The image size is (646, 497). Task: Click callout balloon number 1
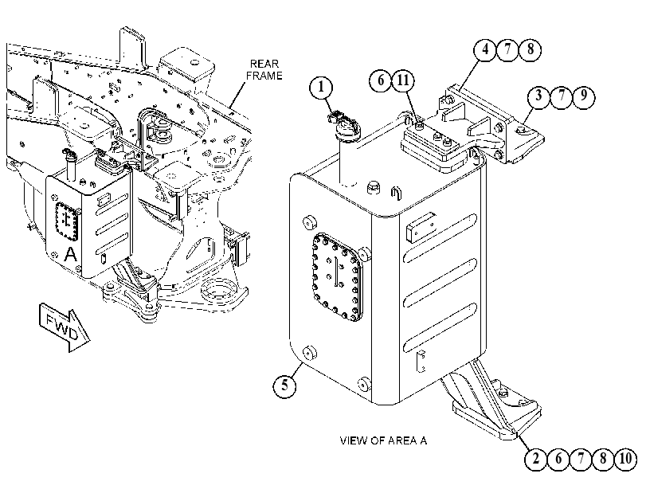pos(321,88)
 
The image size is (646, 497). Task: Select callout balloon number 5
pos(284,385)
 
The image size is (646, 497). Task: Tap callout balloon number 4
pos(485,49)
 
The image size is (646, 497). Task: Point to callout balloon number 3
pos(539,96)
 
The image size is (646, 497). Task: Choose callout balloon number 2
pos(536,458)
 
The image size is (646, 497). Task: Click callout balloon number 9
pos(583,96)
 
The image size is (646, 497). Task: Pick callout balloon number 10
pos(625,458)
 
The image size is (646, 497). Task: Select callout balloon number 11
pos(403,80)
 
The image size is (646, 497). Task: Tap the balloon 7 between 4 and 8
pos(507,49)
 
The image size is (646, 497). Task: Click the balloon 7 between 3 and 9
pos(561,96)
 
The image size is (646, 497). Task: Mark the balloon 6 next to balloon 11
pos(381,80)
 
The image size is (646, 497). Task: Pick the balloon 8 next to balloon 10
pos(603,458)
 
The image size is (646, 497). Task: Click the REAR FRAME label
pos(264,69)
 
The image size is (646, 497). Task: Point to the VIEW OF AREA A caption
pos(383,440)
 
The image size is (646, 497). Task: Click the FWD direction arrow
pos(65,327)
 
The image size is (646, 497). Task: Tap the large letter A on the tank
pos(71,254)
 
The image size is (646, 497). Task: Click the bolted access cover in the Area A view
pos(338,278)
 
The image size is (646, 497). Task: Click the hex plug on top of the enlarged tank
pos(374,187)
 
